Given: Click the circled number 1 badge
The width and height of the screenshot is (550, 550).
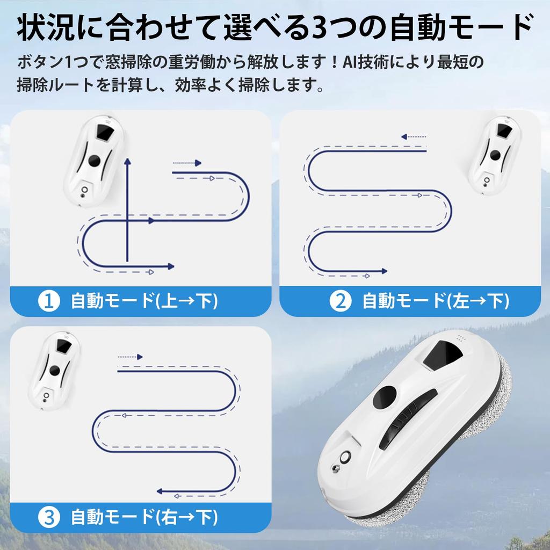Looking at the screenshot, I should click(48, 301).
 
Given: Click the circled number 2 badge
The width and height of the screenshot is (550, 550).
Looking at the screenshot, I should click(340, 301).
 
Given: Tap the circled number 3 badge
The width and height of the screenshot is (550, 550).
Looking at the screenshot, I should click(48, 518).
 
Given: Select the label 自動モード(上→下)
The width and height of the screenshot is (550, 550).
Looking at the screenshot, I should click(144, 301).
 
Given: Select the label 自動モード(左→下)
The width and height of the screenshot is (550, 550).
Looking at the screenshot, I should click(436, 301).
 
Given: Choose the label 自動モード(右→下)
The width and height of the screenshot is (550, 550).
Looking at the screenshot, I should click(144, 518).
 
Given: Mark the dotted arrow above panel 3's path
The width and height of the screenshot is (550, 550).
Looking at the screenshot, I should click(131, 356).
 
